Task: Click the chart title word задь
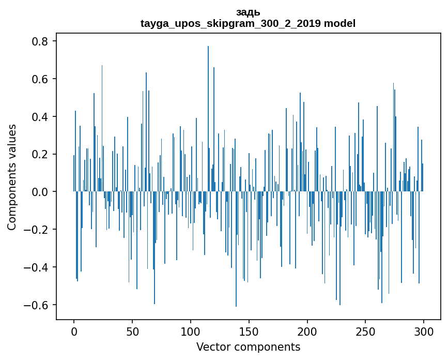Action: (x=248, y=13)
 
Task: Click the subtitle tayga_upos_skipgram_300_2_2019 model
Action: (x=248, y=24)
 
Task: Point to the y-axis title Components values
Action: (x=12, y=177)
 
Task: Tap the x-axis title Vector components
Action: (x=248, y=347)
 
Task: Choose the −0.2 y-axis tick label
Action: (x=38, y=230)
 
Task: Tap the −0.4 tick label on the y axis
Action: (x=38, y=267)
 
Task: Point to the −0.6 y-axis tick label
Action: (x=38, y=305)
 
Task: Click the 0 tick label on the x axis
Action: (x=74, y=331)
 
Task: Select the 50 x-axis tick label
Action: (x=132, y=331)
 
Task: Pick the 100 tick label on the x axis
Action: (x=191, y=331)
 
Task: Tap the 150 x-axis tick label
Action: (x=249, y=331)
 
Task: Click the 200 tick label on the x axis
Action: (x=307, y=331)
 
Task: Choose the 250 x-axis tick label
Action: (x=365, y=331)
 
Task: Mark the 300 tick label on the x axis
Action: (x=424, y=331)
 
